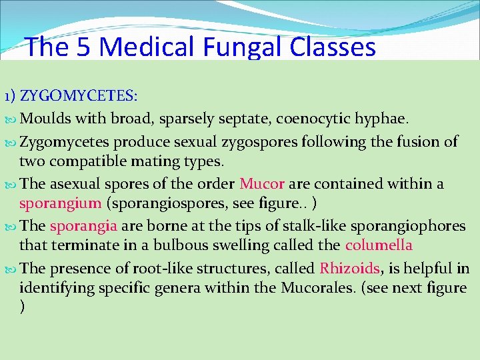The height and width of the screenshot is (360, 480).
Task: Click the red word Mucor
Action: tap(262, 183)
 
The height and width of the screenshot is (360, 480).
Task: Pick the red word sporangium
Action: tap(61, 203)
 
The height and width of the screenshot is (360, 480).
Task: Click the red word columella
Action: tap(379, 245)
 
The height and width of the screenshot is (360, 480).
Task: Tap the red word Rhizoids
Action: tap(349, 268)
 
